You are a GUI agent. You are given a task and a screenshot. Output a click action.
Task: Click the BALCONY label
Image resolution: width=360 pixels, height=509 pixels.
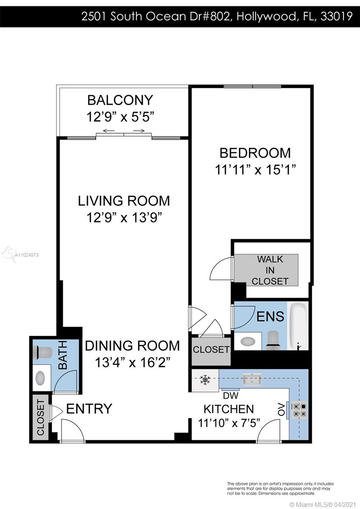point(120,100)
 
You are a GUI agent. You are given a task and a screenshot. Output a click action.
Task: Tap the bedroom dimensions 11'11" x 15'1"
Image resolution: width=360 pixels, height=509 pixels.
point(255,170)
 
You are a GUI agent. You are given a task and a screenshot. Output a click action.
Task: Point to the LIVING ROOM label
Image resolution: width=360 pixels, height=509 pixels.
point(124,201)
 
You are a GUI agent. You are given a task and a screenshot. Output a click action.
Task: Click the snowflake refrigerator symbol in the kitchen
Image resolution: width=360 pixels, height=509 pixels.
point(205,380)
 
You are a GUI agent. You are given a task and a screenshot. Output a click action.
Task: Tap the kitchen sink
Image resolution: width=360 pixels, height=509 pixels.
point(252,379)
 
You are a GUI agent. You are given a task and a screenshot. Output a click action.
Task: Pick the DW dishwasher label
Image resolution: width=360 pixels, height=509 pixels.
point(231,396)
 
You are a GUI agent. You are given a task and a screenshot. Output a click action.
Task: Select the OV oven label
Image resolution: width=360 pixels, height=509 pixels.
point(281,409)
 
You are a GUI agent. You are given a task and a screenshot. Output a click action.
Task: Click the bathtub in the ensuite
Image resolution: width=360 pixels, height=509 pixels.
point(298,326)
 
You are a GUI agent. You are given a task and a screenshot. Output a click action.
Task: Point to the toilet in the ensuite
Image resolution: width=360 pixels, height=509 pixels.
point(273,340)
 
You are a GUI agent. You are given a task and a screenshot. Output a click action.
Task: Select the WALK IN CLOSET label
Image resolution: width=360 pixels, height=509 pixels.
point(270,270)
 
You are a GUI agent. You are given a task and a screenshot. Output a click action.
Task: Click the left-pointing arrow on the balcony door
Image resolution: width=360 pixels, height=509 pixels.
point(109,131)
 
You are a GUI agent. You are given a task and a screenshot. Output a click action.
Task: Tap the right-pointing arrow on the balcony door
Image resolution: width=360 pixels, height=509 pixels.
point(139,131)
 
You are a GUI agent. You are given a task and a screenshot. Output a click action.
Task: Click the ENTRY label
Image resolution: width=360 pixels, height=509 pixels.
point(89,408)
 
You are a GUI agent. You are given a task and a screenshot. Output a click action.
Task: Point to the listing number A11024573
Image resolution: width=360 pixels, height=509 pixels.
point(27,255)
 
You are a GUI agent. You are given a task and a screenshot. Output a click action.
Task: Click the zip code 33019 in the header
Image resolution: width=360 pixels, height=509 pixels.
point(337,16)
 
